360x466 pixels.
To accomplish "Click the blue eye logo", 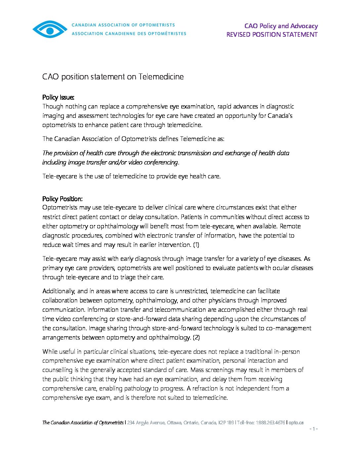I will (x=50, y=29).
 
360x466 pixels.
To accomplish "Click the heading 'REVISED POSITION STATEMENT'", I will (x=272, y=35).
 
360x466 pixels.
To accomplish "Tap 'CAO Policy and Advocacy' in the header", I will (x=281, y=26).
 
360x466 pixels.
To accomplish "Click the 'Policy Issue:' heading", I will (x=58, y=97).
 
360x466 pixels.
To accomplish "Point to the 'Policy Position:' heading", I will (x=62, y=199).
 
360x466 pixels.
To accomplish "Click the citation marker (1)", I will (x=196, y=245).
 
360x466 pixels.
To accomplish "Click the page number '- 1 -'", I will (x=313, y=429).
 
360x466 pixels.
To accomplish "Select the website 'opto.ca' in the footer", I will (x=296, y=423).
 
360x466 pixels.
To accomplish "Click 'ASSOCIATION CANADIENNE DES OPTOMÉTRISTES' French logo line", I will (x=129, y=33).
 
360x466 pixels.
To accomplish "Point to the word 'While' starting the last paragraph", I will (x=50, y=351).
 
